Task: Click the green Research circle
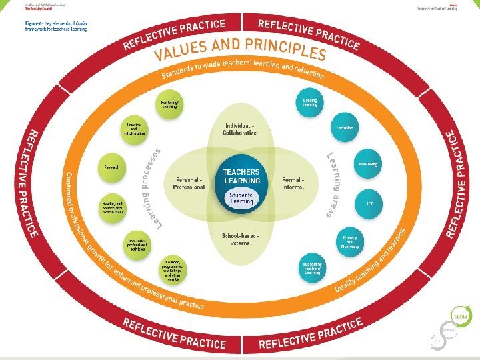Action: tap(112, 167)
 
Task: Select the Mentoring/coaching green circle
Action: tap(169, 105)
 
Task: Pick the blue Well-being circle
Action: tap(368, 163)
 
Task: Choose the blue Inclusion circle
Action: tap(345, 128)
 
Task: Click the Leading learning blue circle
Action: tap(310, 102)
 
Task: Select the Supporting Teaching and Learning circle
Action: tap(313, 267)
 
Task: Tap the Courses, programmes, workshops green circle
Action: tap(173, 269)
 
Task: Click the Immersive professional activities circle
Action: tap(137, 244)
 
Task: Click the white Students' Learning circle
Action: tap(241, 198)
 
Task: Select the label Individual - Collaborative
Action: tap(239, 129)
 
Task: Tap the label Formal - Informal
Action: tap(293, 183)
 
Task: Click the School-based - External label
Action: tap(241, 239)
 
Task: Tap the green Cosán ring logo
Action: tap(459, 315)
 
